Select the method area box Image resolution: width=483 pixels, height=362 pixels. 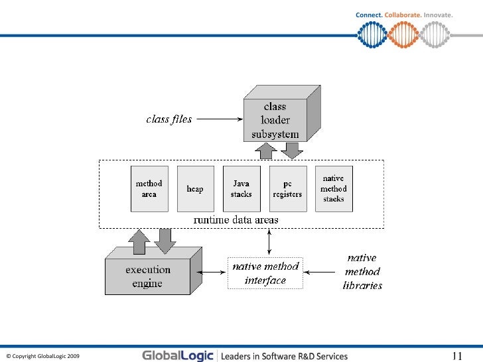[149, 189]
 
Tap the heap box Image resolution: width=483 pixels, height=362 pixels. [195, 189]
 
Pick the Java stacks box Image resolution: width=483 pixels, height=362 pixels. [241, 189]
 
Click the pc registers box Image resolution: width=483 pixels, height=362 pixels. [289, 189]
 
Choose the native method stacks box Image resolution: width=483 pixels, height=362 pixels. [334, 189]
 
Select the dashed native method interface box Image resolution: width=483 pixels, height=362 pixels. [265, 273]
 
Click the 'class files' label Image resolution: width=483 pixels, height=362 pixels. [169, 119]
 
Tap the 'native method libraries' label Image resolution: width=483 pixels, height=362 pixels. [362, 272]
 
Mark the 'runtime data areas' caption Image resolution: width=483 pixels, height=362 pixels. [236, 219]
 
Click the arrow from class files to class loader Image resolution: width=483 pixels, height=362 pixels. [219, 119]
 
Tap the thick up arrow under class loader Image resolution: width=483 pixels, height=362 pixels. [266, 151]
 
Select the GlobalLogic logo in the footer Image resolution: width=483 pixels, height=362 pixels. [178, 355]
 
